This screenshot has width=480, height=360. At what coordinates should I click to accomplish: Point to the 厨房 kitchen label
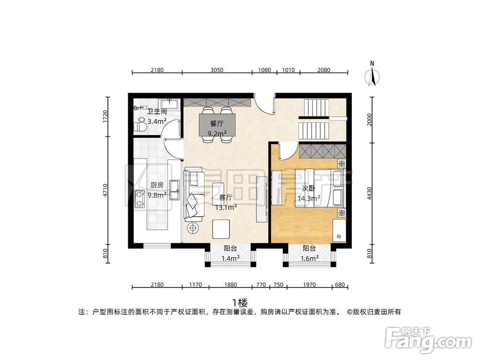tap(157, 185)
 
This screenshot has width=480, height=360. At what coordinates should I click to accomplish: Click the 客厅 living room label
tap(226, 197)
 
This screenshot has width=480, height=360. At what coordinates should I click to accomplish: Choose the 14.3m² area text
tap(308, 198)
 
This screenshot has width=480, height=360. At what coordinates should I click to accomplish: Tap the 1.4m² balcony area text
tap(230, 259)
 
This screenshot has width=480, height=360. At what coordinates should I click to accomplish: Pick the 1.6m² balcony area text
tap(309, 259)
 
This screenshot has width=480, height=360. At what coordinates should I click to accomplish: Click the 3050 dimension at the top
tap(217, 70)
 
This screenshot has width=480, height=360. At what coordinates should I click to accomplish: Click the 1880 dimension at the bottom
tap(230, 285)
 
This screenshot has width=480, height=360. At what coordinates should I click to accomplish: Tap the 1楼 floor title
tap(240, 302)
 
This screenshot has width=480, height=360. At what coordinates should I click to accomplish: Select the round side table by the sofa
tap(193, 228)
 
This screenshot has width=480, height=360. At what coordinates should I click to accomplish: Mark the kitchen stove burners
tap(140, 198)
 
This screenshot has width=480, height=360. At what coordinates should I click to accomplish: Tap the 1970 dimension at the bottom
tap(310, 285)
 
